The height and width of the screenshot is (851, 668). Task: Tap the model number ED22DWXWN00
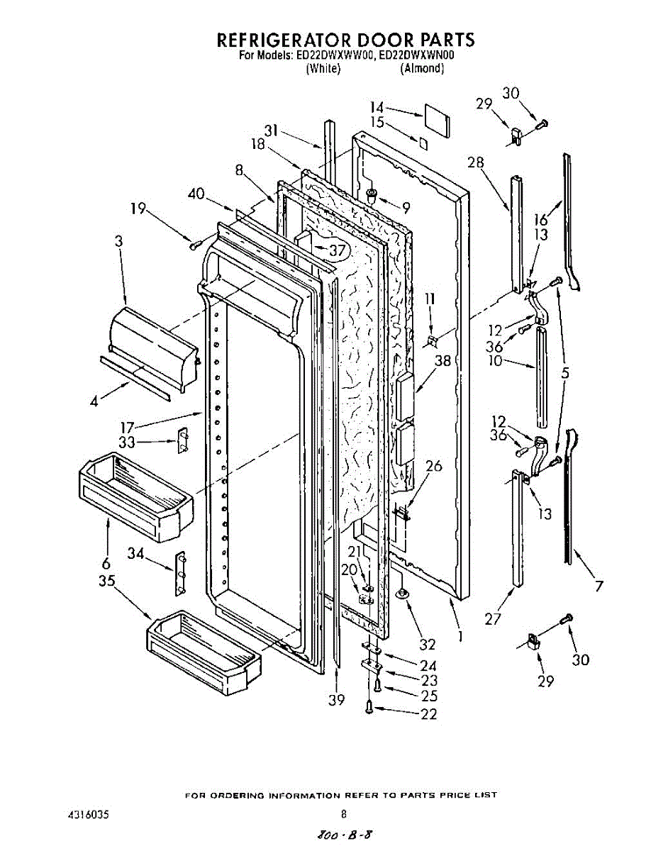423,55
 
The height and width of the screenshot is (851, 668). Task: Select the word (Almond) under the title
422,69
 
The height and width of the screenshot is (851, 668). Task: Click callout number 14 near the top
377,107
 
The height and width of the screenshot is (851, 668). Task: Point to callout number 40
196,194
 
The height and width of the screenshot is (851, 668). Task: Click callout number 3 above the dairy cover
118,241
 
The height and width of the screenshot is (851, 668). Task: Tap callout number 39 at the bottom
336,699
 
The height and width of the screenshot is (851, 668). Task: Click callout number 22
428,714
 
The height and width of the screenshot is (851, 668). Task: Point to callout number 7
599,586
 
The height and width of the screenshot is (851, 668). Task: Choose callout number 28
475,163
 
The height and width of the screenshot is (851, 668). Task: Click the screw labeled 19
193,245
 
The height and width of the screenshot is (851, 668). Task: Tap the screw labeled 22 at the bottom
369,707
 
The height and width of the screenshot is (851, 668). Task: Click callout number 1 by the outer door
461,636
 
